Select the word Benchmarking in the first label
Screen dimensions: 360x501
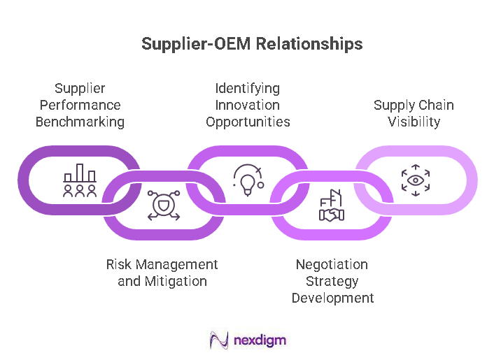80,122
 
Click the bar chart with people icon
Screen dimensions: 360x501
80,180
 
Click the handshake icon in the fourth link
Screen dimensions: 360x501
332,207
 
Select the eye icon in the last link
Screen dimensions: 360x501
416,180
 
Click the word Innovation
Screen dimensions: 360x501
247,105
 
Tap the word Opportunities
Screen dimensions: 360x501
247,122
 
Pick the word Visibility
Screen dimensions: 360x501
414,122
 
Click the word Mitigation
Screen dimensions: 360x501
176,282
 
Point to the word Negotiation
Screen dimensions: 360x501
332,265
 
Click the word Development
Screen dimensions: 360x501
332,298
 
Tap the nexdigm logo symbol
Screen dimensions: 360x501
219,340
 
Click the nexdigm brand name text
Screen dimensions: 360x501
260,340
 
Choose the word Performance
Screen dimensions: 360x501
80,105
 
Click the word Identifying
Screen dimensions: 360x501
247,88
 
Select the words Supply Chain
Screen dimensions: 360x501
414,105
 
